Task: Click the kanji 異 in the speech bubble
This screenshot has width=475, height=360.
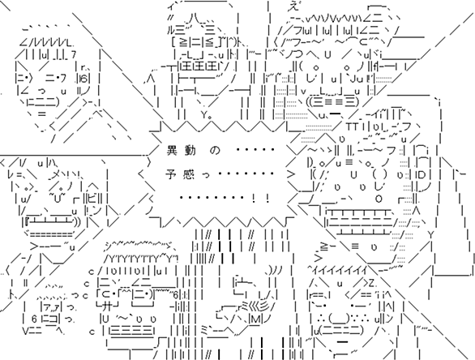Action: coord(173,150)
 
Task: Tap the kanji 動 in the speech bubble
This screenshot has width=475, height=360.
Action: coord(190,150)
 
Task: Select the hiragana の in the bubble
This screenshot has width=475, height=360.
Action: coord(215,151)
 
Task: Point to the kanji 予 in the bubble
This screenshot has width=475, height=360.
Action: coord(171,174)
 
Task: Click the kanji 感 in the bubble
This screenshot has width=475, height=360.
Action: coord(189,174)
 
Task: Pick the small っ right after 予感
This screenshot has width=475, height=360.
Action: coord(206,176)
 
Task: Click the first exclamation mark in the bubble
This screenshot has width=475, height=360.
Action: coord(253,199)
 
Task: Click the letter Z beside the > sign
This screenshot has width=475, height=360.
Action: coord(373,284)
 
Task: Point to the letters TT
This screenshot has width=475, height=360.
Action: coord(353,126)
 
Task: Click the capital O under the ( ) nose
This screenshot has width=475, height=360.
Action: coord(379,199)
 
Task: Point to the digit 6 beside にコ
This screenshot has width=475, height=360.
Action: coord(34,319)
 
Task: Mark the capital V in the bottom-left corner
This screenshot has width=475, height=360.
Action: coord(27,331)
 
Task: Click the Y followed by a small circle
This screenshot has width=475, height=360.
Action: coord(206,115)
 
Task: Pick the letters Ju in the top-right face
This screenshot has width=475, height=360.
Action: coord(357,79)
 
